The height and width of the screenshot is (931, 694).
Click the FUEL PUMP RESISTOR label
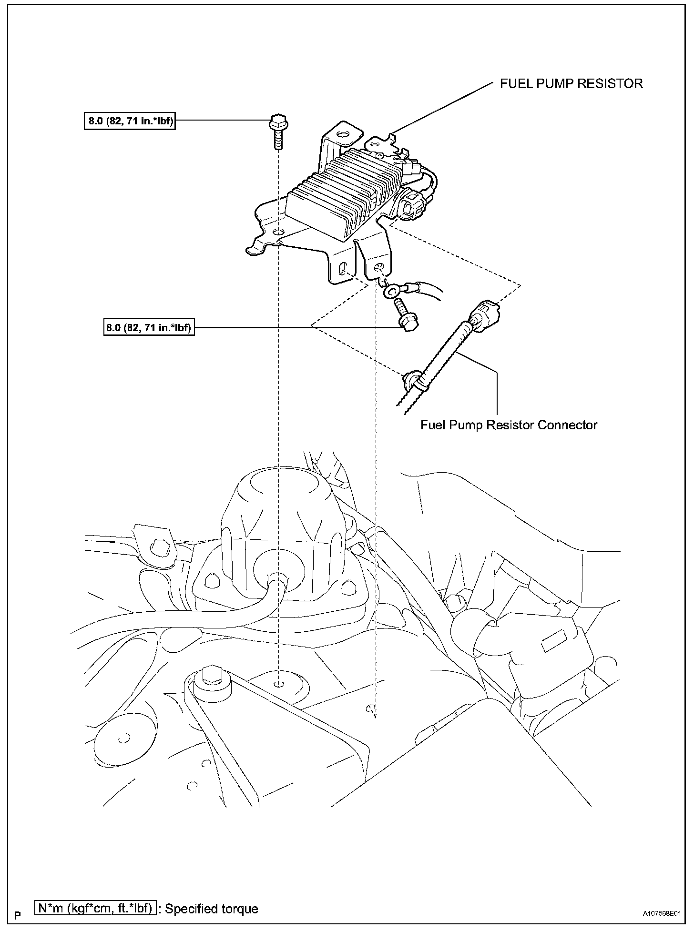(x=571, y=84)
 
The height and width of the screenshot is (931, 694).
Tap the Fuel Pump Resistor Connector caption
(x=509, y=425)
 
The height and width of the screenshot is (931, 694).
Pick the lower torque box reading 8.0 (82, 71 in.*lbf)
(x=149, y=328)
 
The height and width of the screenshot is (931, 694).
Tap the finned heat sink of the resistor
(x=343, y=191)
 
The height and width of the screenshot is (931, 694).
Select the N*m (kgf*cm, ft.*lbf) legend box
(x=96, y=909)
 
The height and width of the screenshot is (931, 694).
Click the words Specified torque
(x=211, y=909)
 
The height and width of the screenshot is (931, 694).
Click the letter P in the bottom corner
(x=18, y=915)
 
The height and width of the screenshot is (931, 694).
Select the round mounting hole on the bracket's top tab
(x=341, y=135)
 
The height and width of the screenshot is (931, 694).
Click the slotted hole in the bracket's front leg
(x=342, y=270)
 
